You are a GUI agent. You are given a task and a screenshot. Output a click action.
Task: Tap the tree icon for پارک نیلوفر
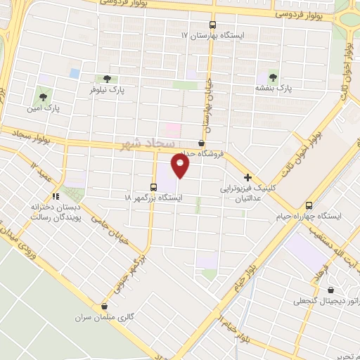pyautogui.click(x=107, y=79)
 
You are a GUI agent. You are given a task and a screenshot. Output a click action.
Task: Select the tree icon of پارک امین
pyautogui.click(x=44, y=96)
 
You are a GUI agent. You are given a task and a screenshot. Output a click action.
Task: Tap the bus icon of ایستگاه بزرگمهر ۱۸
pyautogui.click(x=154, y=186)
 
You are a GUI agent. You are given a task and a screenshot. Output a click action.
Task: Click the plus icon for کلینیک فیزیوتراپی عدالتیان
pyautogui.click(x=247, y=178)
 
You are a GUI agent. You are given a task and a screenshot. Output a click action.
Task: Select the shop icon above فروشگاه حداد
pyautogui.click(x=202, y=143)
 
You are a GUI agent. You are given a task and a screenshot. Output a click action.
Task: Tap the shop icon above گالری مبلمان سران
pyautogui.click(x=105, y=306)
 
